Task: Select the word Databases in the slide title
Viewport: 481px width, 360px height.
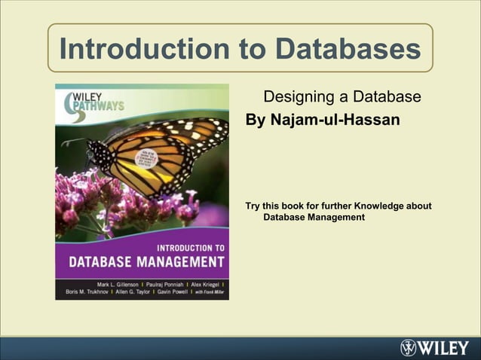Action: (x=347, y=49)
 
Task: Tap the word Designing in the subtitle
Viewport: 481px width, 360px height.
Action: (x=295, y=97)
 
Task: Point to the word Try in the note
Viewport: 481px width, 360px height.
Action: (x=254, y=206)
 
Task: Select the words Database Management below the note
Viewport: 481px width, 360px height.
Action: (x=314, y=218)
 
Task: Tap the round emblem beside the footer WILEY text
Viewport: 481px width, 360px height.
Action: (x=409, y=348)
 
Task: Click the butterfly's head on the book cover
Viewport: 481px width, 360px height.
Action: (x=92, y=144)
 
